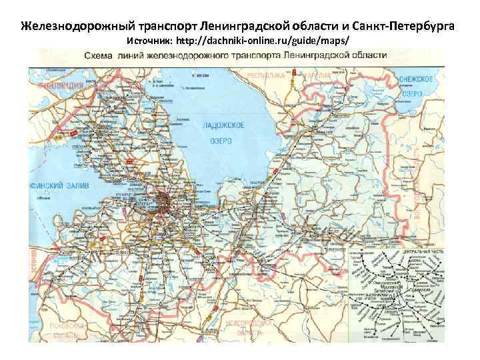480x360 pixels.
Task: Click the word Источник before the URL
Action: pyautogui.click(x=147, y=41)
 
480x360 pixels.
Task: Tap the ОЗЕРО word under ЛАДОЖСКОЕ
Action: pyautogui.click(x=223, y=141)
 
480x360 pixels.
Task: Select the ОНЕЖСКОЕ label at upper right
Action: pyautogui.click(x=417, y=79)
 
